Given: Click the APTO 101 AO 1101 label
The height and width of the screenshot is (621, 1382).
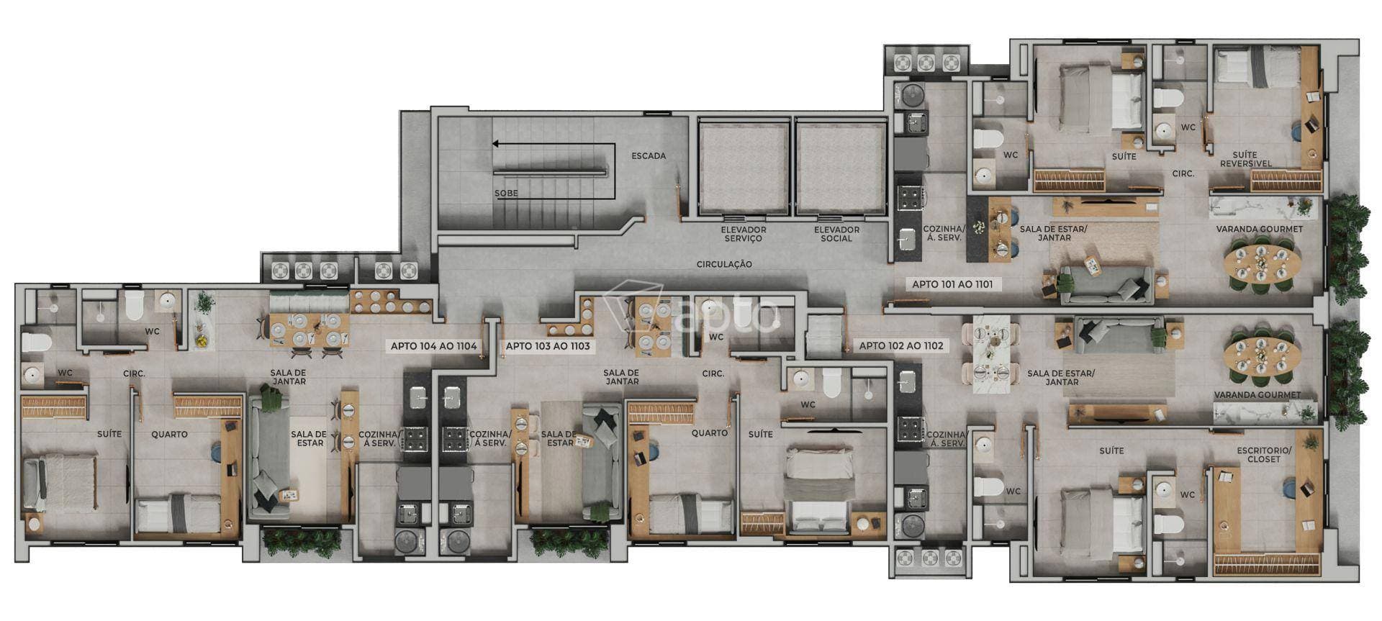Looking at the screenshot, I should coord(952,284).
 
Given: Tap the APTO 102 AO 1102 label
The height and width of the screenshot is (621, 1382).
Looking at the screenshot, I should coord(900,346).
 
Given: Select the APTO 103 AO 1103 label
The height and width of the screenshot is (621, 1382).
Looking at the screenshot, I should coord(547,346).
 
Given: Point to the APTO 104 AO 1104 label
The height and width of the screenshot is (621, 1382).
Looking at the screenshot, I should coord(433,346).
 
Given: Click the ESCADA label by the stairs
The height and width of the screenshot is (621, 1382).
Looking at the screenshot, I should coord(649,155).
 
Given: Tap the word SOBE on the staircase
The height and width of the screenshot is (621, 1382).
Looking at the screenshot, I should coord(506,194).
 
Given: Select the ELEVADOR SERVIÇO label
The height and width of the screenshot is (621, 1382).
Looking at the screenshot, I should coord(744,234).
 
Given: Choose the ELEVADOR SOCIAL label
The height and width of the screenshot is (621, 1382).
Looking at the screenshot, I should coord(836,234).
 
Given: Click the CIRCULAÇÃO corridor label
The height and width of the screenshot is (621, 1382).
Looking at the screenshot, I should coord(724,264).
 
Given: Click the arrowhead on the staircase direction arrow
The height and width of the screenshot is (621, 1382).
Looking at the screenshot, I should coord(496,144).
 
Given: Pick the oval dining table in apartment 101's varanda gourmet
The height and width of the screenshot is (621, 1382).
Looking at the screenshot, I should coord(1258,263).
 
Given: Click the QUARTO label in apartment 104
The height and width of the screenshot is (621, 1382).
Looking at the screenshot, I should coord(169,435).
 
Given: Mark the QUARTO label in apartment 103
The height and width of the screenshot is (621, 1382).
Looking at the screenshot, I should coord(709,433).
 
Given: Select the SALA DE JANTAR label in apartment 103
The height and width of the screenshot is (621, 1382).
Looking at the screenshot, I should coord(622,376).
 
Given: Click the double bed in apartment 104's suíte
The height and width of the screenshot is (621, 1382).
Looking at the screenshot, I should coord(60,482).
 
